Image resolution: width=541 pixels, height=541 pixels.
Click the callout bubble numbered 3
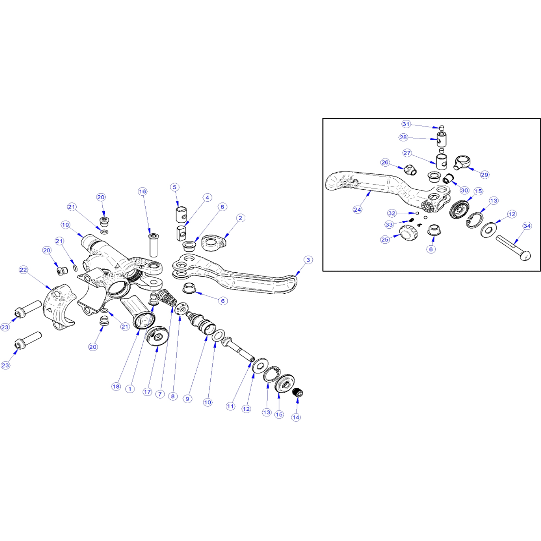[308, 260]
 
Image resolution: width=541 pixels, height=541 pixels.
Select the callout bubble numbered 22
[23, 270]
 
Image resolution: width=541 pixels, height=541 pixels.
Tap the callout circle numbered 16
[142, 191]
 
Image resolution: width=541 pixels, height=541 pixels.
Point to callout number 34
[527, 226]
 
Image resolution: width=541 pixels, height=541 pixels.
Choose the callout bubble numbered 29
[484, 175]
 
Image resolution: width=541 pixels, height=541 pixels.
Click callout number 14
[296, 418]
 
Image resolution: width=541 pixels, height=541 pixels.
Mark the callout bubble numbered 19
[65, 225]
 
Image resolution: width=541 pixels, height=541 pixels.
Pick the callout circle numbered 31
[406, 124]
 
